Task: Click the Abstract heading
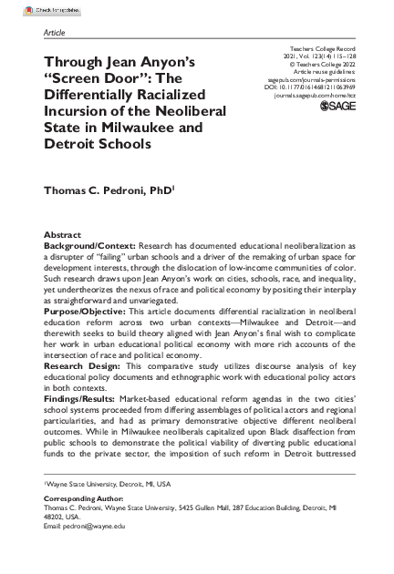[x=63, y=235]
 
